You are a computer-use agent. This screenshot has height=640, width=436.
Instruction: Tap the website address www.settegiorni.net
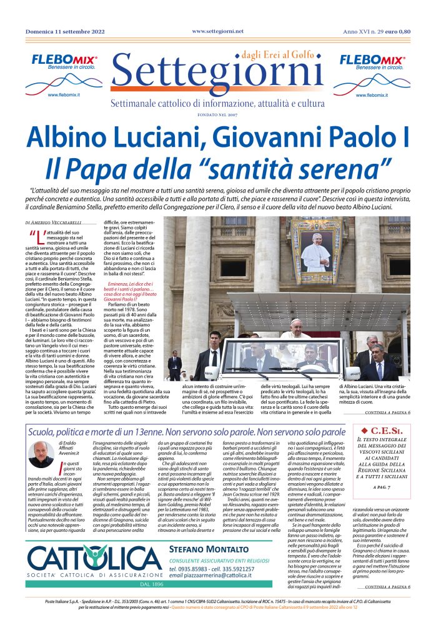click(218, 31)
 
